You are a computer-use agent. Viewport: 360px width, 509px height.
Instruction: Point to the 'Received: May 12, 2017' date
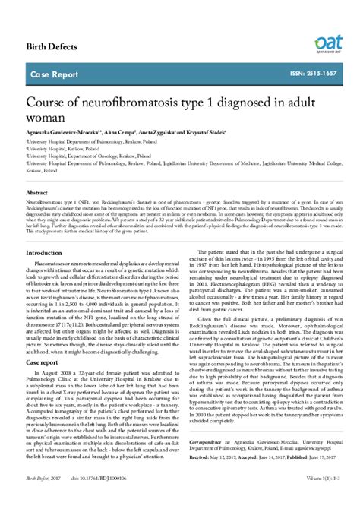(x=215, y=458)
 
